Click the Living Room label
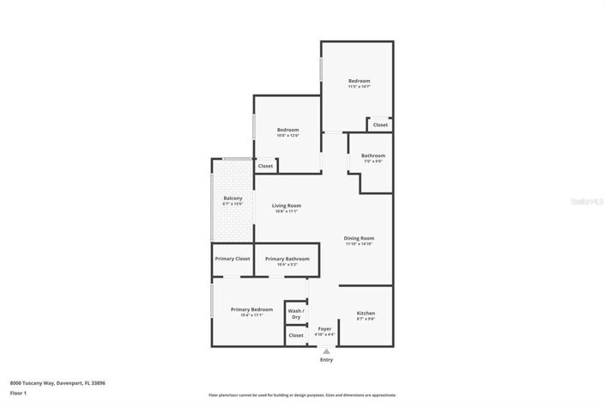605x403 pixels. click(287, 205)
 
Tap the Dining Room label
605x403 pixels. click(360, 238)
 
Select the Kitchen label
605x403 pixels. click(366, 313)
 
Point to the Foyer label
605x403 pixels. click(324, 328)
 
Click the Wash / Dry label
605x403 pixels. click(296, 314)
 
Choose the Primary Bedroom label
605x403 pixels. click(251, 309)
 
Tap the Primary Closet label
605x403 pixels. click(232, 259)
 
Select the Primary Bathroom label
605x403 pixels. click(287, 259)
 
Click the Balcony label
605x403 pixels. click(233, 198)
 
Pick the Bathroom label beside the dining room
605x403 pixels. click(373, 156)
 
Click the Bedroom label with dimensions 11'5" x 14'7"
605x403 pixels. click(359, 81)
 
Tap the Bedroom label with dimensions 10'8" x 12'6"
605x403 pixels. click(287, 130)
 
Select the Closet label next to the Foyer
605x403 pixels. click(296, 335)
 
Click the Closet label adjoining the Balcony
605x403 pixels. click(266, 166)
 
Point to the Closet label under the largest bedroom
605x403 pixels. click(380, 125)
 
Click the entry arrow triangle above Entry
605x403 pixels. click(326, 351)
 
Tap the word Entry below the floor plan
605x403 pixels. click(326, 360)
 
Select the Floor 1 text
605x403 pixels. click(18, 393)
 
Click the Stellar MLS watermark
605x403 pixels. click(588, 201)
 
